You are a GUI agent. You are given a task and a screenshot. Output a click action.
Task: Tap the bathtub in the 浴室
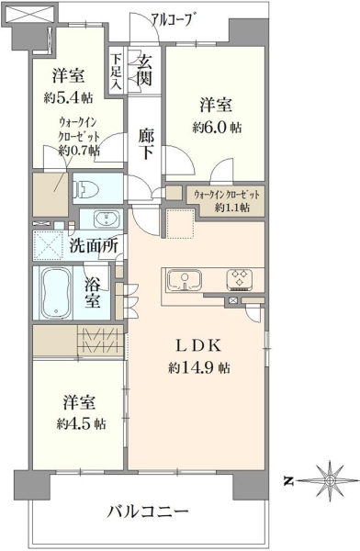tap(56, 292)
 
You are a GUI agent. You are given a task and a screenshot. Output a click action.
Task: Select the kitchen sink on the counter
tap(185, 281)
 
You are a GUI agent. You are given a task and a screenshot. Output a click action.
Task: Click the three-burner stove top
tap(240, 279)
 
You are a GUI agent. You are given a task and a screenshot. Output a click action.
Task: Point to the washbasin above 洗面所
tap(106, 219)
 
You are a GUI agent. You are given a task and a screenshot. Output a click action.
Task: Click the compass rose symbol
tap(329, 481)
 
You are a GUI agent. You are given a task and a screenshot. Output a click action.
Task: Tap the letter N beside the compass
tap(288, 481)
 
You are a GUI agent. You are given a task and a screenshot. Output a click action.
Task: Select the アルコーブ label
tap(173, 19)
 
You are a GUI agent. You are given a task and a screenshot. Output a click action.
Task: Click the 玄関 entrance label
tap(144, 71)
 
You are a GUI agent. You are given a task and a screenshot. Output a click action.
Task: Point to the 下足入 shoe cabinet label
tap(116, 72)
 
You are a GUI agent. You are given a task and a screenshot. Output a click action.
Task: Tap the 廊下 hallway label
tap(145, 144)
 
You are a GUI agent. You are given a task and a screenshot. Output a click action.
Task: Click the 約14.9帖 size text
tap(199, 367)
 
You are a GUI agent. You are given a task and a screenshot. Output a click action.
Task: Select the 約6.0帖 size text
tap(217, 128)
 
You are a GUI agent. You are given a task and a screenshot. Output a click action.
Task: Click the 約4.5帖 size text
tap(81, 423)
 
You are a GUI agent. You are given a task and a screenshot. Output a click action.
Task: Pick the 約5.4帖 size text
tap(68, 97)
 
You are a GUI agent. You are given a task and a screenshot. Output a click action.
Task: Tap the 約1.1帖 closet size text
tap(232, 208)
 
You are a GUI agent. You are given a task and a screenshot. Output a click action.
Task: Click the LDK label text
tap(198, 346)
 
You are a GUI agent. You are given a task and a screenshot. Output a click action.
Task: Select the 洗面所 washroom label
tap(94, 245)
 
